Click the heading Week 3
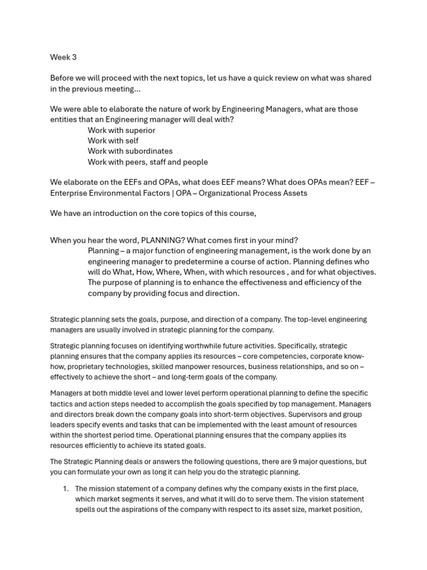tap(63, 57)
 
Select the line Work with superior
tap(121, 130)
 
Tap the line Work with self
tap(113, 141)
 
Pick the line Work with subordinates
tap(130, 151)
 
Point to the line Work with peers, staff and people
tap(147, 162)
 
